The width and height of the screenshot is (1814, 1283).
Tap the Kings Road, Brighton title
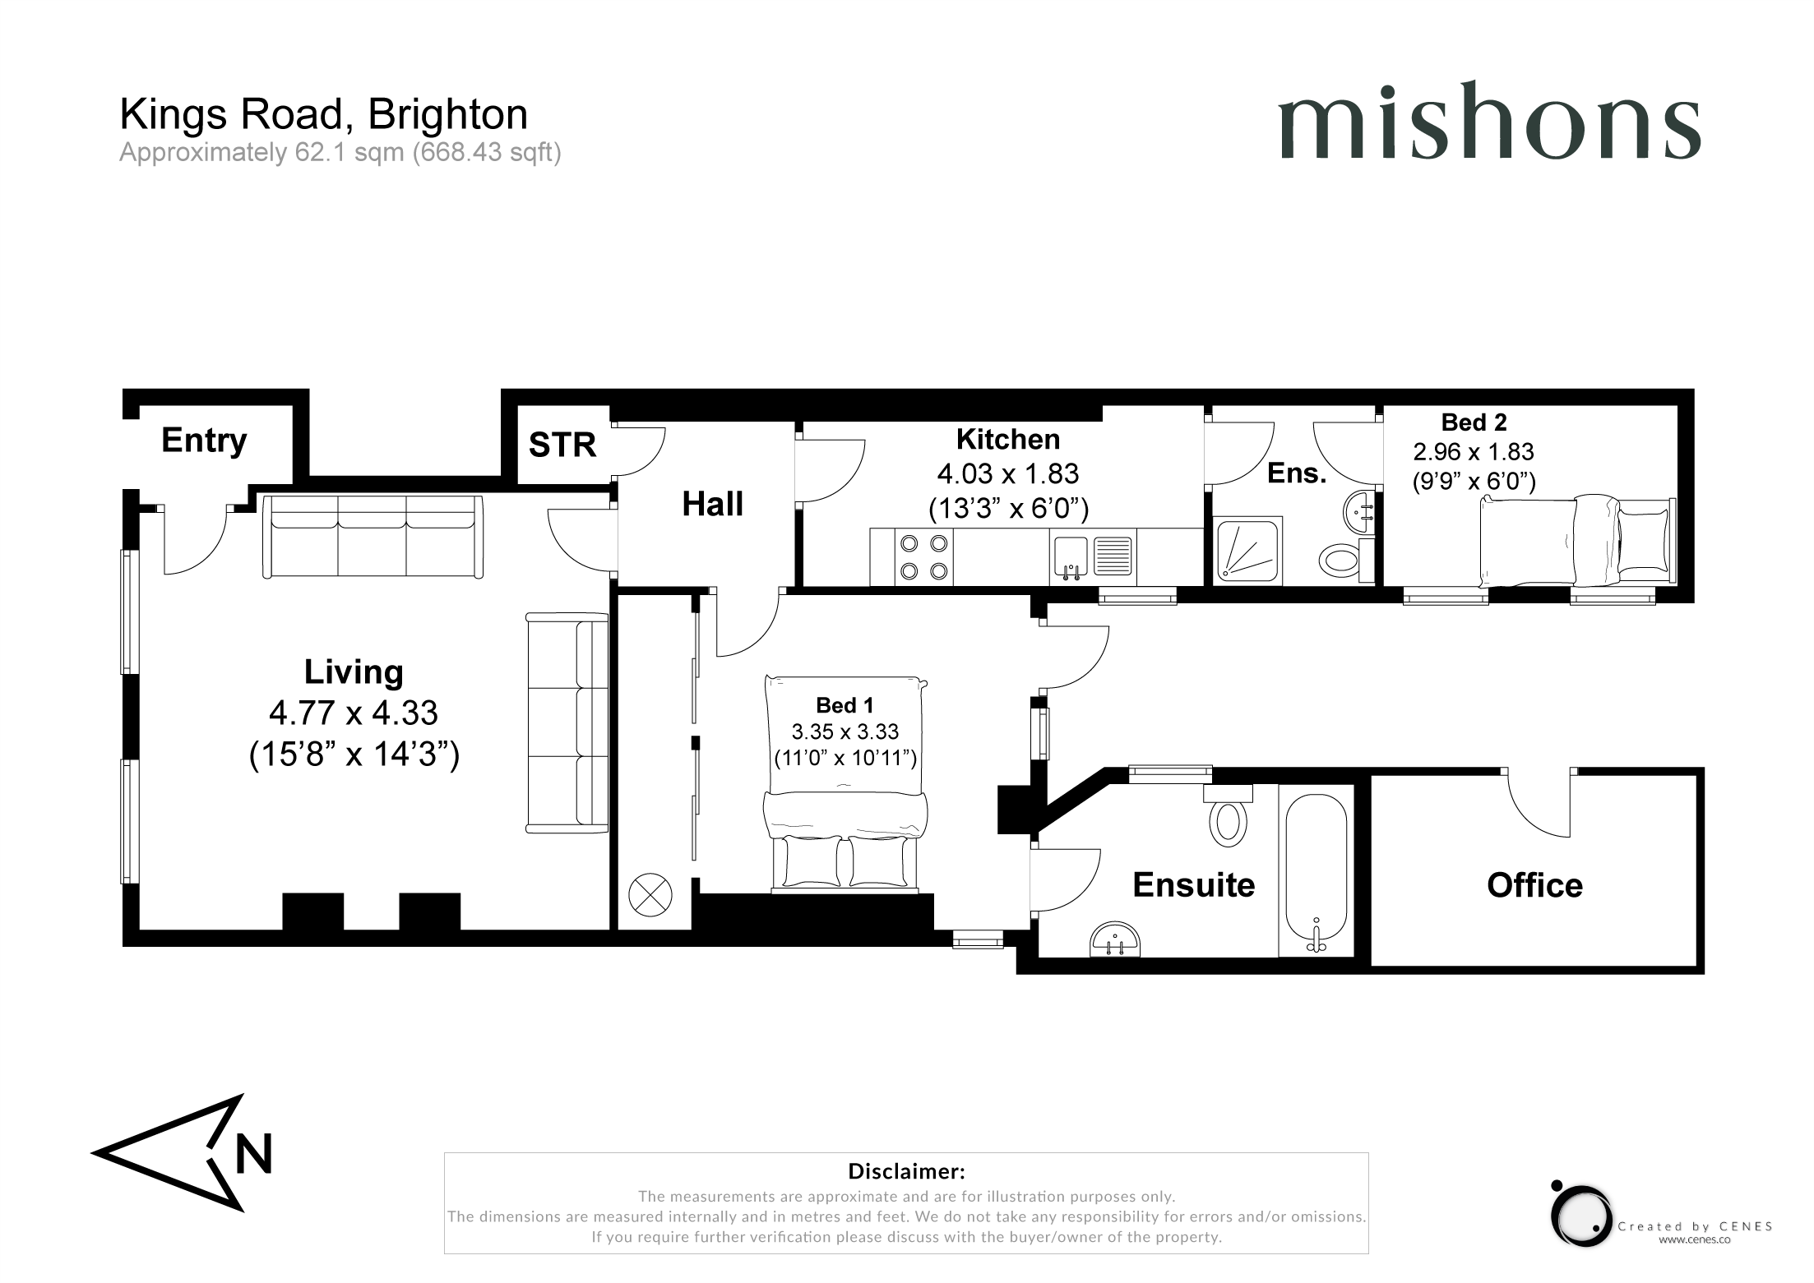coord(323,115)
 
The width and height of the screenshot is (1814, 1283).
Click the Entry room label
coord(204,441)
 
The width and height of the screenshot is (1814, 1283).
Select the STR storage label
coord(562,445)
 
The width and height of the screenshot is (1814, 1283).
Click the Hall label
coord(712,504)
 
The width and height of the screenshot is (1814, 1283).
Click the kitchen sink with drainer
coord(1092,557)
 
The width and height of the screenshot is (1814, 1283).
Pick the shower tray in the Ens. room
coord(1247,551)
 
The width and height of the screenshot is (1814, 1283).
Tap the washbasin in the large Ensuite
coord(1116,939)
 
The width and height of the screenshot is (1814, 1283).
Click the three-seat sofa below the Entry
coord(373,536)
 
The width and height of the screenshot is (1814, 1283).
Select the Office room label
coord(1534,885)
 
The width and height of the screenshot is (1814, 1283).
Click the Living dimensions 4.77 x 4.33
coord(354,713)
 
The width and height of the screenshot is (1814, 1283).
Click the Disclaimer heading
coord(906,1170)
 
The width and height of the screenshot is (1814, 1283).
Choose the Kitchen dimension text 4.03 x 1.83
coord(1008,474)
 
